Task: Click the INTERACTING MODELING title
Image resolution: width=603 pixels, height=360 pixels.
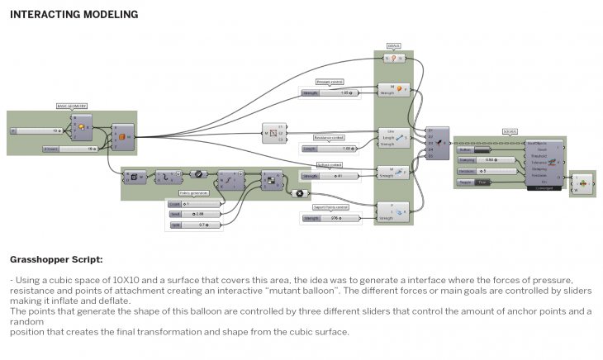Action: point(74,15)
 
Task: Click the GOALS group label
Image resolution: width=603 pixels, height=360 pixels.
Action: point(394,47)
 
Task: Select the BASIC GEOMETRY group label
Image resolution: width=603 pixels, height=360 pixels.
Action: point(71,107)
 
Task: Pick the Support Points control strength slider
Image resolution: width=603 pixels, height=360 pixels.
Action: point(331,218)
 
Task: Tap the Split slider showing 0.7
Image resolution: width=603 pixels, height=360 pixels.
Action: point(193,225)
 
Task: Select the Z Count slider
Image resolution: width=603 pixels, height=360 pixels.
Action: point(69,149)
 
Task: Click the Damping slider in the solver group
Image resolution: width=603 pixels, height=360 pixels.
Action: point(488,159)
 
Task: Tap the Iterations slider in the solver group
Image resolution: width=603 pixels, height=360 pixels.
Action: point(488,171)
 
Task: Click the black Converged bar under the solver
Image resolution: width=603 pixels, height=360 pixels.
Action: point(544,187)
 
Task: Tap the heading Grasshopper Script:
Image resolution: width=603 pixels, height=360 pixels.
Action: point(56,259)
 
